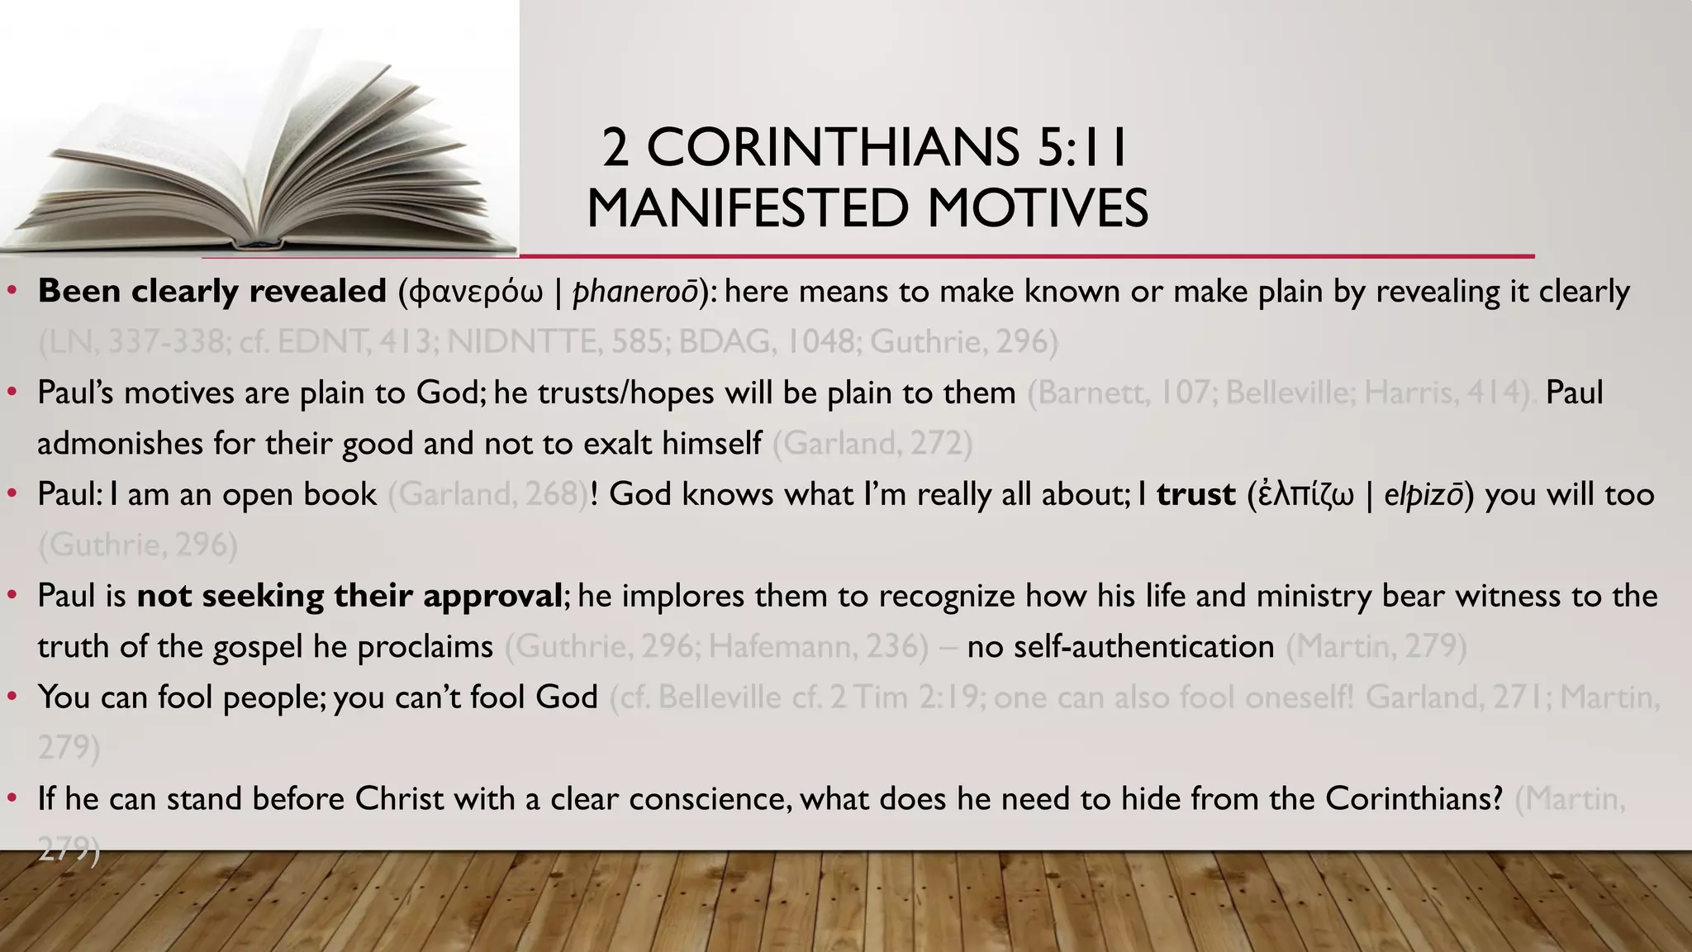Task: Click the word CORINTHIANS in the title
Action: [x=833, y=148]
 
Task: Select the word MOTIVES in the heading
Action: [x=1038, y=208]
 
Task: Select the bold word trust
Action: [x=1195, y=494]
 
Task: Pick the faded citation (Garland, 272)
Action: [x=872, y=444]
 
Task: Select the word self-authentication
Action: [x=1121, y=646]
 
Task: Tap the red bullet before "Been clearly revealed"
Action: [x=12, y=291]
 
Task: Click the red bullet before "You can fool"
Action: [x=12, y=697]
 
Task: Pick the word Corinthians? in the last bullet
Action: [x=1414, y=799]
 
